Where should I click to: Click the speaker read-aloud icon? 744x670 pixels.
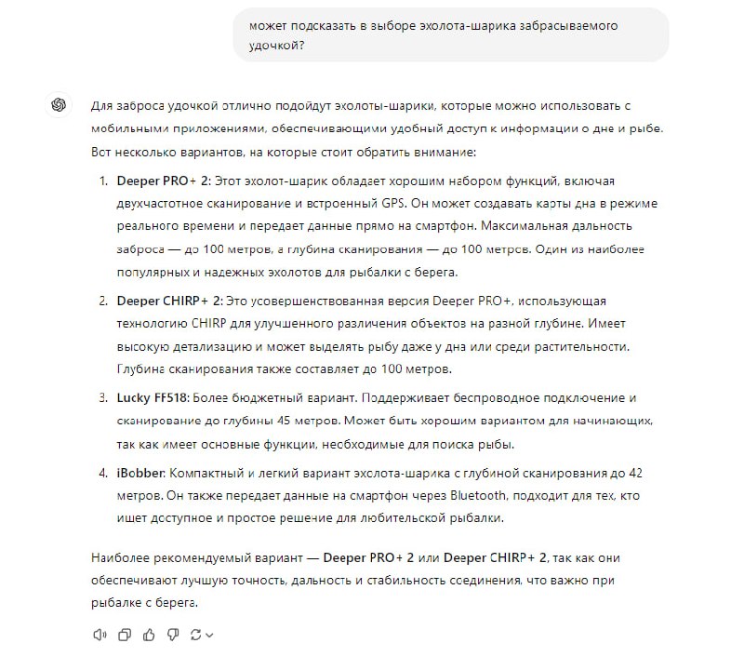coord(100,635)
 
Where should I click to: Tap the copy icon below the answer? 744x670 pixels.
coord(124,635)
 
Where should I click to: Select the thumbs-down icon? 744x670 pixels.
coord(171,635)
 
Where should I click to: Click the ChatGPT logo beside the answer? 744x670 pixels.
coord(59,104)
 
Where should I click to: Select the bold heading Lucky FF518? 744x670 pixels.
coord(151,397)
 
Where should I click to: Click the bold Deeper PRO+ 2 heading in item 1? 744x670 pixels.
coord(163,180)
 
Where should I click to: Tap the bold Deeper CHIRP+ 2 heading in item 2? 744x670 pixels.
coord(169,301)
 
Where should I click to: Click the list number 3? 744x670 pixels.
coord(102,397)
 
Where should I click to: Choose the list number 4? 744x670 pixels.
coord(102,471)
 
